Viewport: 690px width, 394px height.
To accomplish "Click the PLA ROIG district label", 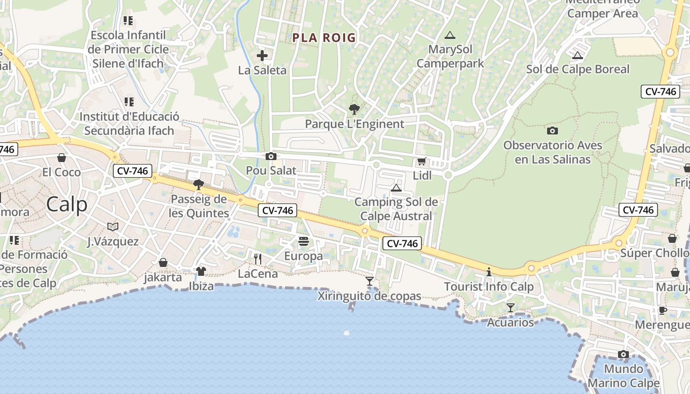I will [324, 37].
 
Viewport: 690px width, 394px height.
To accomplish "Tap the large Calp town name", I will [67, 204].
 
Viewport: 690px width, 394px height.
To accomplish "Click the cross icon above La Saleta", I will [262, 56].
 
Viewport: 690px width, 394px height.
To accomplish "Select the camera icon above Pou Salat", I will [271, 157].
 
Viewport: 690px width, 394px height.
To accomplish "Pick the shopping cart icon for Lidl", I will [421, 161].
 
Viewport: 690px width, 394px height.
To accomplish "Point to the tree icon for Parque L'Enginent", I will [354, 109].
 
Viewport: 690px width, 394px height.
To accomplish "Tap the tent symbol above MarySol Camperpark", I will [449, 35].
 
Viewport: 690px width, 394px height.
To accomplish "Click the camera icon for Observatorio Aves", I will [552, 131].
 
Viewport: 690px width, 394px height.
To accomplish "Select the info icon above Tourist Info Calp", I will [489, 272].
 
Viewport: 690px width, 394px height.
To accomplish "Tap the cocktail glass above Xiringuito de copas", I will [370, 281].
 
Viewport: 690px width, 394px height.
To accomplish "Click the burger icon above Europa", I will [303, 241].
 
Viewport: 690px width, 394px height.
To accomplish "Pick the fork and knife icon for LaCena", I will [257, 259].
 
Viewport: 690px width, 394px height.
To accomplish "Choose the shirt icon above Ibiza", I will [201, 271].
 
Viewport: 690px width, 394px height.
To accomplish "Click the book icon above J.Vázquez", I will [113, 227].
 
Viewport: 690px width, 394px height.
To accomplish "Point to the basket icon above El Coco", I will [62, 158].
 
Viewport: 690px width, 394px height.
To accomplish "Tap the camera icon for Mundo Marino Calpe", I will [623, 355].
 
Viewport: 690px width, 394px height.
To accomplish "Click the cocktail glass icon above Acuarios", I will [511, 308].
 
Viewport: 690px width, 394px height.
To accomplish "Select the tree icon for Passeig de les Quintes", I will [199, 185].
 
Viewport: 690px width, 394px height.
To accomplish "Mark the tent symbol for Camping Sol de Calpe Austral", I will [396, 188].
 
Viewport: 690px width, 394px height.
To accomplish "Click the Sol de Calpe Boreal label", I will [578, 69].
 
